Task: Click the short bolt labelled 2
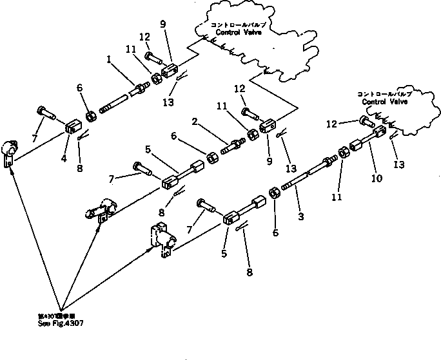(x=232, y=145)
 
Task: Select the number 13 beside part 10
(x=399, y=164)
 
